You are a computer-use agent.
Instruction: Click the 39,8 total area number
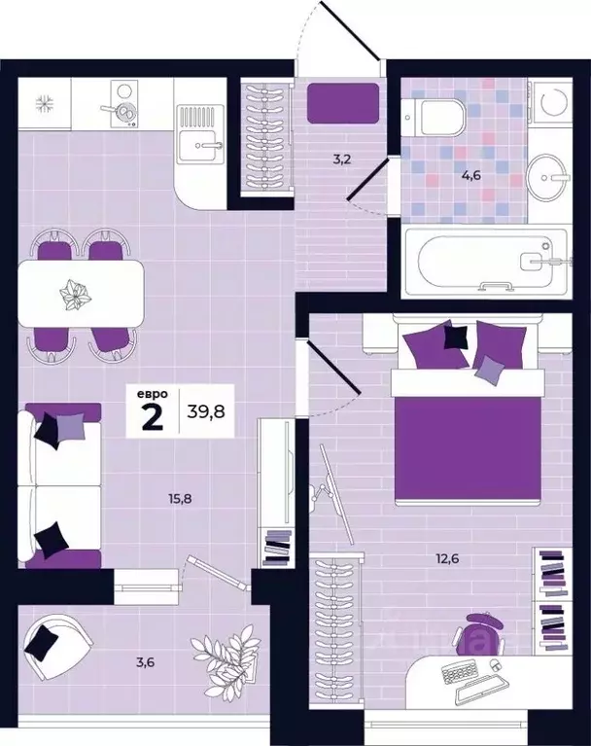tap(206, 410)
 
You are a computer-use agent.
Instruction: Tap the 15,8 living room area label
tap(179, 499)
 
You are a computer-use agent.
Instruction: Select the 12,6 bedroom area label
tap(447, 558)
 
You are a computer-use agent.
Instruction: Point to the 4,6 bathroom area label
tap(471, 175)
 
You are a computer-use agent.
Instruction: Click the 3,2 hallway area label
tap(341, 159)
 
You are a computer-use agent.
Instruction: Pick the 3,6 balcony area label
tap(145, 661)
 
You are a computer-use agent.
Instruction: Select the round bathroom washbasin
tap(548, 177)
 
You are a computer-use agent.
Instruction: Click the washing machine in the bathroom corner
tap(551, 102)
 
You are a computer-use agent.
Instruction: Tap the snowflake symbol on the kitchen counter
tap(45, 103)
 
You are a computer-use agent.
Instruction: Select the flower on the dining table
tap(76, 295)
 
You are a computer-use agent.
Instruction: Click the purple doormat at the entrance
tap(343, 103)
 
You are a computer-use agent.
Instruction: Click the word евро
tap(153, 395)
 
